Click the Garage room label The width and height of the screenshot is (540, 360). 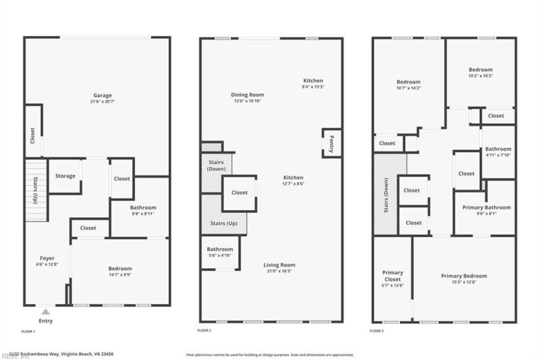click(x=103, y=95)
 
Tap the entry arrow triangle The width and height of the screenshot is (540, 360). click(x=45, y=311)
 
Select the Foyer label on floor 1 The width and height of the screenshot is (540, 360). click(x=47, y=257)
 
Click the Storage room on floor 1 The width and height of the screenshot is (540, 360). click(x=65, y=176)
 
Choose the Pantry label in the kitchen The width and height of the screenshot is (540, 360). click(x=331, y=143)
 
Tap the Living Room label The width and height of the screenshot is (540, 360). click(x=279, y=265)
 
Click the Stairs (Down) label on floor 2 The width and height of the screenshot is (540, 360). click(x=217, y=165)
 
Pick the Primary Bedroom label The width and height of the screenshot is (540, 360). click(x=464, y=276)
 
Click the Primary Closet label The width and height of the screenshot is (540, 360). click(x=392, y=276)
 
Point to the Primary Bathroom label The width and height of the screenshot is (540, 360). click(x=486, y=207)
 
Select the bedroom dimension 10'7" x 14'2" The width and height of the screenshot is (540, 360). click(x=408, y=88)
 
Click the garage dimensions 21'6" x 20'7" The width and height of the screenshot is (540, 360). click(x=103, y=101)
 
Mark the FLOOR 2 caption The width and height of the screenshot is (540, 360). click(x=205, y=331)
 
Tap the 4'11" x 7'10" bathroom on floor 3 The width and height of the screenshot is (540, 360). click(x=498, y=152)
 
